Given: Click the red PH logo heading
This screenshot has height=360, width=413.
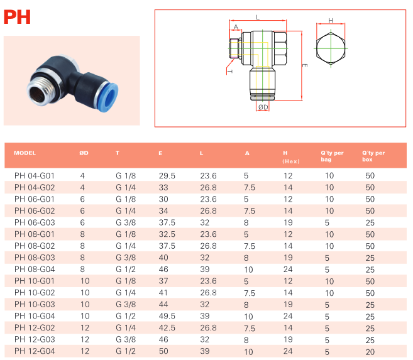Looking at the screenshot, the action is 17,17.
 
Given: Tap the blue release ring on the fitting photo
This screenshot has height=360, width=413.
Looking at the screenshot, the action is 109,97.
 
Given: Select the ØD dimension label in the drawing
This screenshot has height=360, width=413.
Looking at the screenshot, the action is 263,107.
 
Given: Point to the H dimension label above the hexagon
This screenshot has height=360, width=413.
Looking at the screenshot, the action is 331,21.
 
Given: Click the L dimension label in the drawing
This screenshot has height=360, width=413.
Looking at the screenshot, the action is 258,18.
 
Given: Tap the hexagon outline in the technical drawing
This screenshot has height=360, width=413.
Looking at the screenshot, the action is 331,48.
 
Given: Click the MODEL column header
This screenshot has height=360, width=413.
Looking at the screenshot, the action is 25,153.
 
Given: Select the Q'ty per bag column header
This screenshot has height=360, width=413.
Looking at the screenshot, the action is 332,156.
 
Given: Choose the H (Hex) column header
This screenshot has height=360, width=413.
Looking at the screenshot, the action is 291,157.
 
